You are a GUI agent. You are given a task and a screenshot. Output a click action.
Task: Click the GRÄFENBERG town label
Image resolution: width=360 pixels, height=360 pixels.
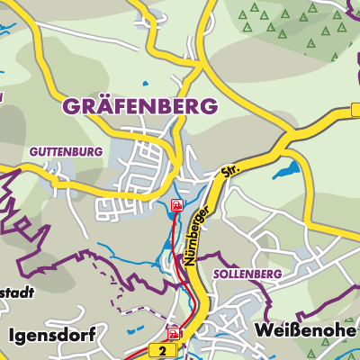coord(139,105)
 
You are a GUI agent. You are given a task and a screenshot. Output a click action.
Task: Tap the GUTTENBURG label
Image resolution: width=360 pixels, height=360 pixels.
coord(65,151)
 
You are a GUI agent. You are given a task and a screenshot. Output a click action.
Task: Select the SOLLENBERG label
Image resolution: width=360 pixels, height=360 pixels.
coord(247,273)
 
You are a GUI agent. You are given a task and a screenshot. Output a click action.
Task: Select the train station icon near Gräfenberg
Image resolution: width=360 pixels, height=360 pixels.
coord(177,206)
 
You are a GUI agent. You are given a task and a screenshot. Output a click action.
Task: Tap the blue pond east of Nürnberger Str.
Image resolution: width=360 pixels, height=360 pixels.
coord(289,169)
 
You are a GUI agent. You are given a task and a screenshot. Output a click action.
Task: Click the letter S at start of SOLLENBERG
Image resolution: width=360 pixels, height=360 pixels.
coord(217,273)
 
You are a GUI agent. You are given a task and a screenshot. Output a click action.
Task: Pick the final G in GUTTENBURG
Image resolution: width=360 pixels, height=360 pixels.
coord(99,151)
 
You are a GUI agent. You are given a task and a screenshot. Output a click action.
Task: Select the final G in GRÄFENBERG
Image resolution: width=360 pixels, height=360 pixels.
coord(209,105)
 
